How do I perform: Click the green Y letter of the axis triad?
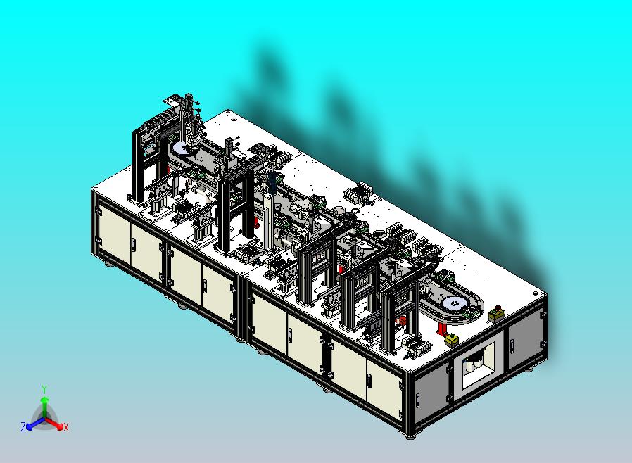coord(44,389)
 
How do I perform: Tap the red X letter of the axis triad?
coord(66,427)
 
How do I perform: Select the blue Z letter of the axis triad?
coord(23,426)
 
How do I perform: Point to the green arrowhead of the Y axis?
coord(45,399)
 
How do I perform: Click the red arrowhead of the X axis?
coord(60,426)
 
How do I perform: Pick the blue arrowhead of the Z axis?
coord(30,426)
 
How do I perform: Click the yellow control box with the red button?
coord(495,315)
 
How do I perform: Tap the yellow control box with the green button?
coord(452,339)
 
